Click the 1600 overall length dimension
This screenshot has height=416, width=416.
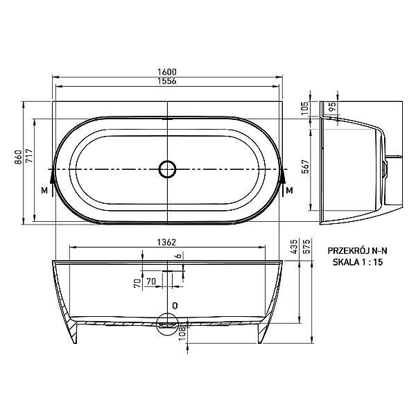pos(167,72)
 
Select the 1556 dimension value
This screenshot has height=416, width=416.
pos(167,81)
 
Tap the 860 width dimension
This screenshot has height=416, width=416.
pos(18,157)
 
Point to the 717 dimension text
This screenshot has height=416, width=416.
pos(29,156)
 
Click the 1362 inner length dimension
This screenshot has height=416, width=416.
pos(166,242)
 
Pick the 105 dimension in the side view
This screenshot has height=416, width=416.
pos(305,107)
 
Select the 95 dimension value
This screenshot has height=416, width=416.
pos(332,106)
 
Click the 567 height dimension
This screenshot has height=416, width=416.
pos(306,166)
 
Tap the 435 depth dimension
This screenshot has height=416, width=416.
pos(295,246)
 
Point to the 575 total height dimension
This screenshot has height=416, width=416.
pos(306,246)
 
